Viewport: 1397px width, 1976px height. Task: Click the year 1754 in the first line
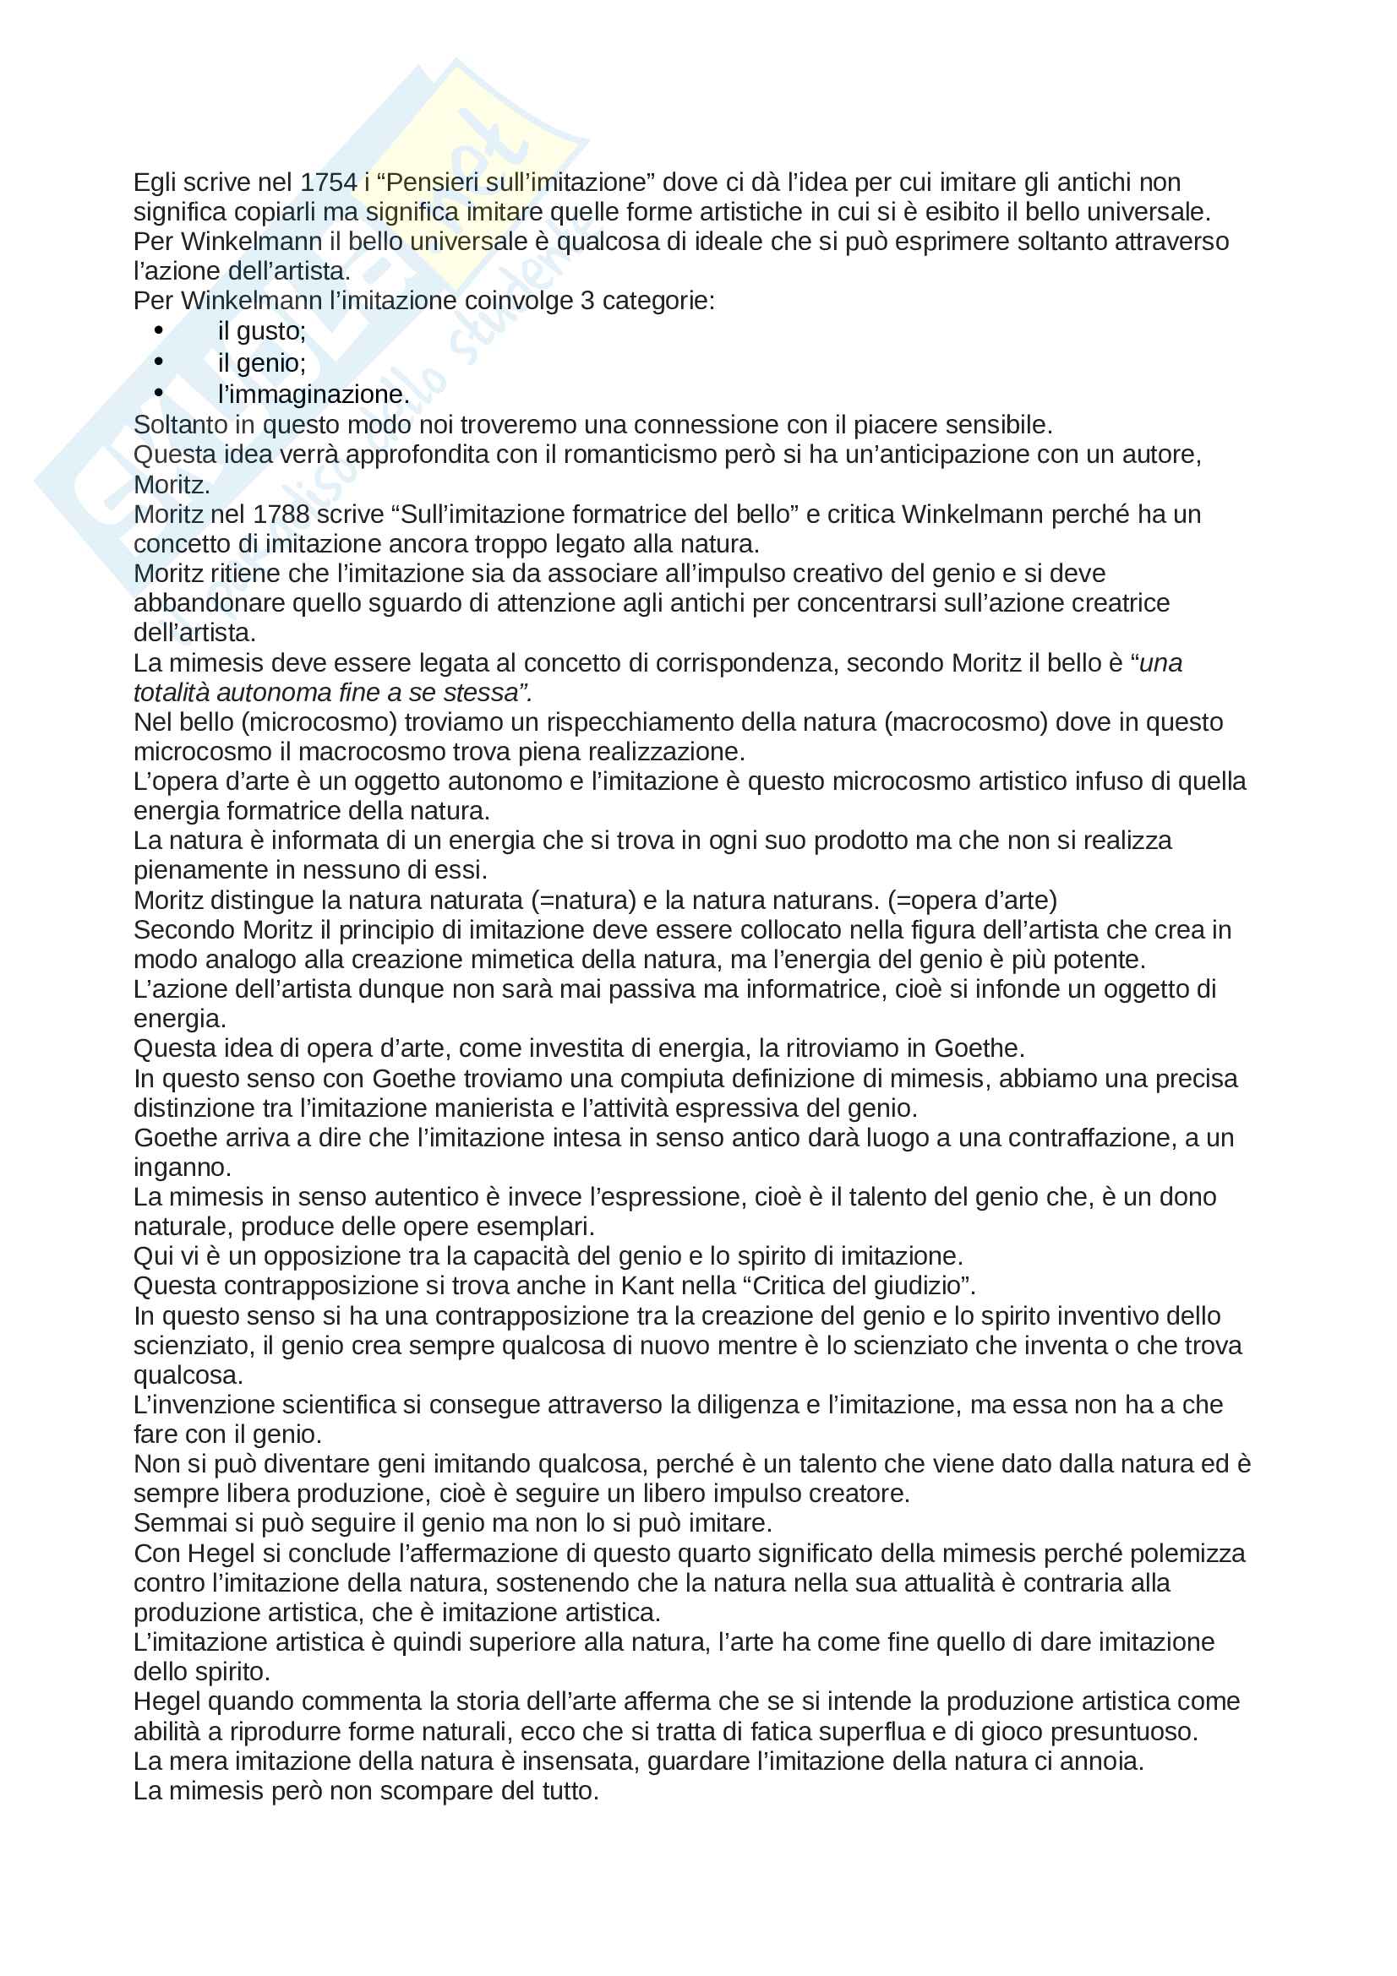(x=329, y=182)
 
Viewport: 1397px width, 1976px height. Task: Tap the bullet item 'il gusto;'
(x=262, y=331)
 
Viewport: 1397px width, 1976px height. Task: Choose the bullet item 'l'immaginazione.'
(x=314, y=395)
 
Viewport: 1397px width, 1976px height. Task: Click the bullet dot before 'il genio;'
(x=158, y=362)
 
